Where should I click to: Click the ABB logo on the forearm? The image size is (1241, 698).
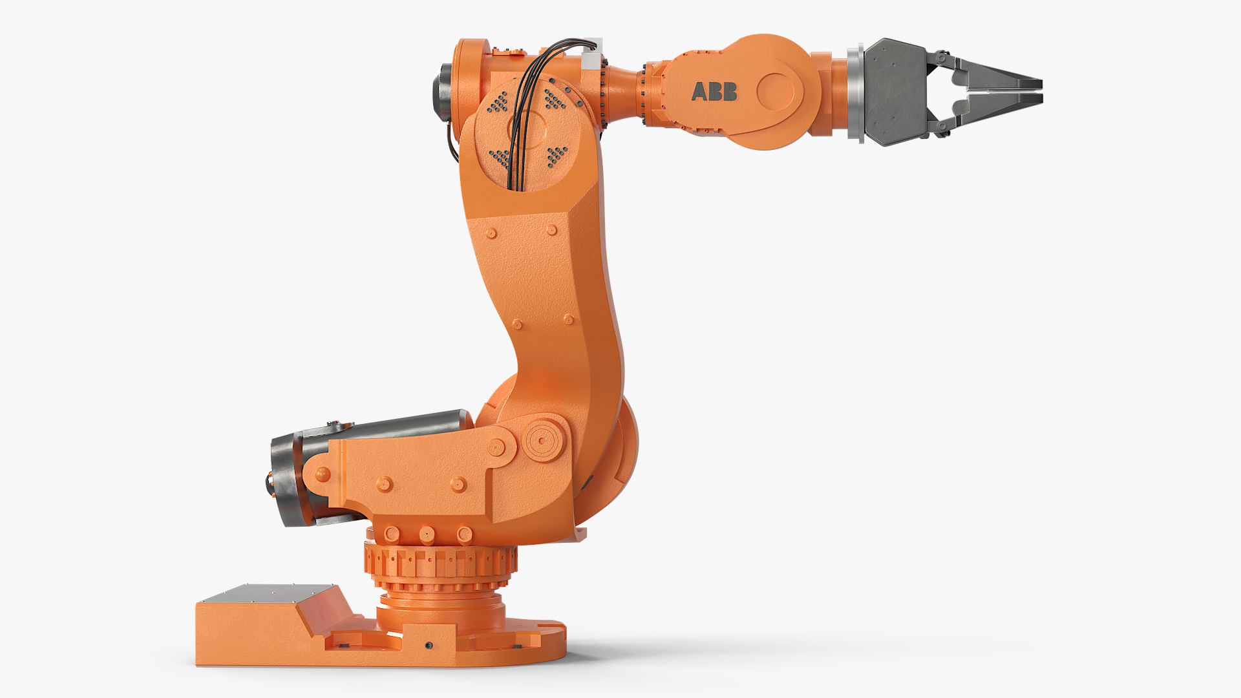[x=714, y=92]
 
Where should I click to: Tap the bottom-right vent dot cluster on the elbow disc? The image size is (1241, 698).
[x=557, y=155]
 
